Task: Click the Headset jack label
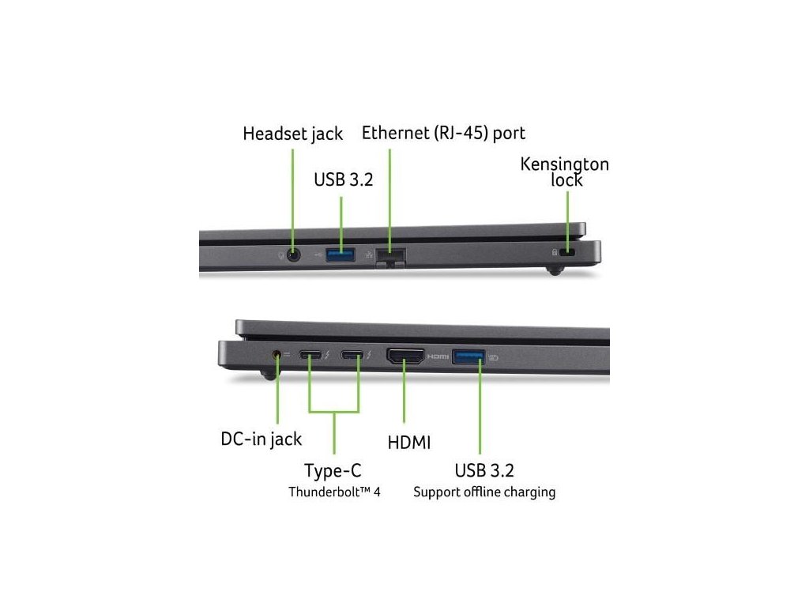[x=292, y=134]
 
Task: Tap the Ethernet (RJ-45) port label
[x=443, y=132]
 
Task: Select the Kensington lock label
[x=565, y=172]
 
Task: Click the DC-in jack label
[x=262, y=439]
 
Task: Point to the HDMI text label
[x=409, y=442]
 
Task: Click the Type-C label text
[x=333, y=472]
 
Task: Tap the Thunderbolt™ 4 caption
[x=334, y=492]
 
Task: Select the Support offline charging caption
[x=484, y=492]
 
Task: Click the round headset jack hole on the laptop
[x=295, y=254]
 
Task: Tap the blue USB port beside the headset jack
[x=341, y=254]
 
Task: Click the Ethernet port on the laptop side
[x=390, y=256]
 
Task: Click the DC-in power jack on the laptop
[x=277, y=355]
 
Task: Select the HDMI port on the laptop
[x=405, y=356]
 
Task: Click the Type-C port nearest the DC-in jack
[x=310, y=356]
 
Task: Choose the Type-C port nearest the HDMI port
[x=352, y=356]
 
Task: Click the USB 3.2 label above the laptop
[x=343, y=179]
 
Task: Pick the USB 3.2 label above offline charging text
[x=484, y=471]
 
